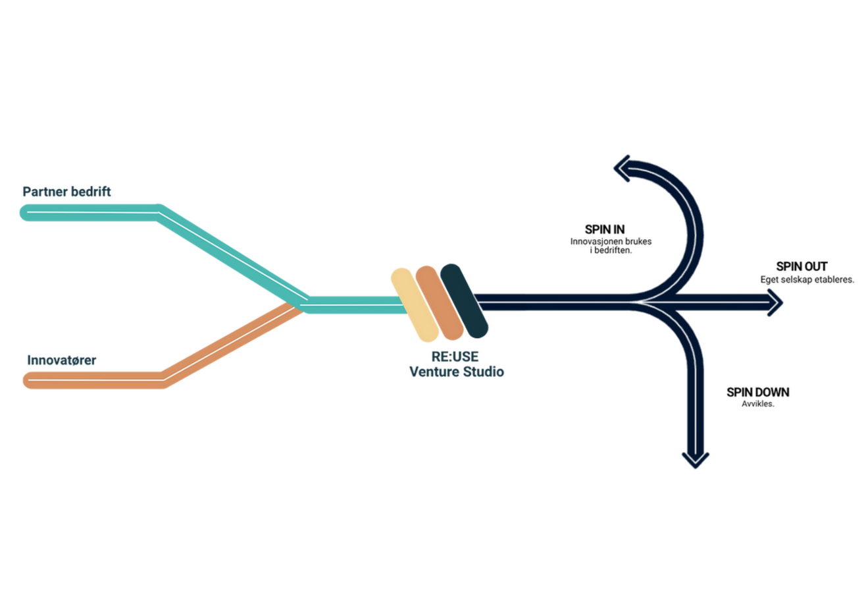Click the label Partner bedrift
click(66, 192)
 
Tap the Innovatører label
click(61, 360)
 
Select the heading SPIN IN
click(605, 230)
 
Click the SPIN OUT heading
click(802, 267)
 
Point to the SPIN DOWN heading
click(757, 392)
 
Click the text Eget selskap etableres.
click(807, 279)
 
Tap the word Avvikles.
click(758, 404)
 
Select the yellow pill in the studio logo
click(415, 304)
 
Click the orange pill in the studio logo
click(439, 303)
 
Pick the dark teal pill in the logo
click(464, 300)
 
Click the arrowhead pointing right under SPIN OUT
click(775, 303)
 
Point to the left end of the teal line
click(27, 212)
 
